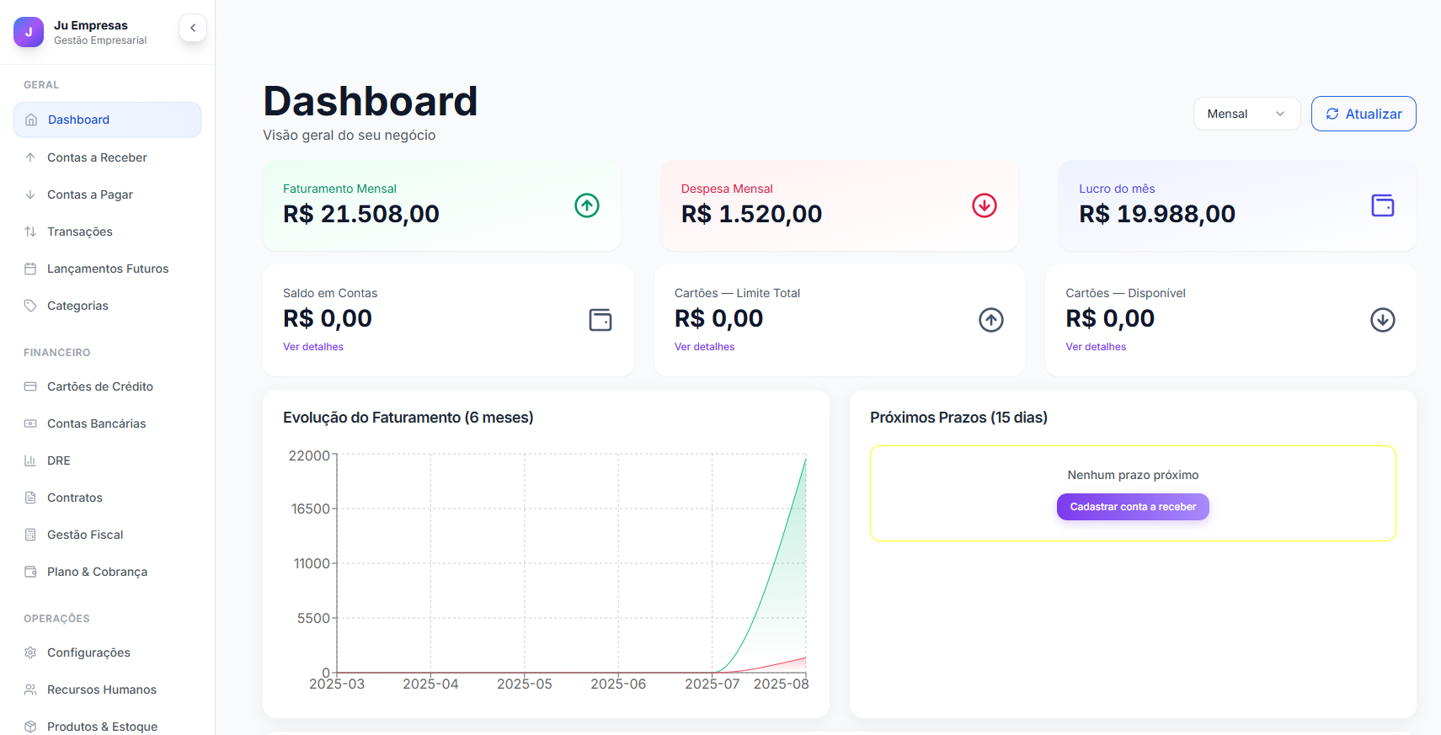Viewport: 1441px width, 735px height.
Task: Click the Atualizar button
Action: point(1363,114)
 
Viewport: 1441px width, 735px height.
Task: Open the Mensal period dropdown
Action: point(1246,114)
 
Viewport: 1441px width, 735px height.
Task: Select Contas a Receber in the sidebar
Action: point(97,157)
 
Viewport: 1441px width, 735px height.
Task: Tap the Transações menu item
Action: point(80,232)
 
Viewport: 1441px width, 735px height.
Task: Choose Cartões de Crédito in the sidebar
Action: point(100,386)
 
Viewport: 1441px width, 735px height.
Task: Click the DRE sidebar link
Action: point(59,461)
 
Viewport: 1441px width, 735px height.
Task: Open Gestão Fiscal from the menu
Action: point(85,535)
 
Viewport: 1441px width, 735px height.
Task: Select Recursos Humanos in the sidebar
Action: point(102,690)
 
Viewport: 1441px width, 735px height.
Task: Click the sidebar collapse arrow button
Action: point(193,28)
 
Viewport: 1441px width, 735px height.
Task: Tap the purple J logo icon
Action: point(29,32)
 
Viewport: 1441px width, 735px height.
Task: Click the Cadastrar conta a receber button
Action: point(1133,507)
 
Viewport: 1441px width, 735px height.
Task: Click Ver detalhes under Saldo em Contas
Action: point(313,347)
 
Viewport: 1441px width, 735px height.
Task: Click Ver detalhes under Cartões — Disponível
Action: point(1096,347)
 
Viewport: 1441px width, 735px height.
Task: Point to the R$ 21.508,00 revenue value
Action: point(361,214)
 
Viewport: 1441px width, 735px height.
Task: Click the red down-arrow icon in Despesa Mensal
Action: point(984,205)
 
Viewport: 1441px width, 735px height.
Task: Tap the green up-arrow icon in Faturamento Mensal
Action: point(587,205)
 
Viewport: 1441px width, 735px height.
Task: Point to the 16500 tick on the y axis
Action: point(311,509)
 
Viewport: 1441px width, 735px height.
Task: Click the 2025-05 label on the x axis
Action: point(525,684)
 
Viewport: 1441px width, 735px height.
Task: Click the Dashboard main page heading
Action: point(371,101)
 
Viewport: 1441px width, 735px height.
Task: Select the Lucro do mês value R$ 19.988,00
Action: point(1157,214)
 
